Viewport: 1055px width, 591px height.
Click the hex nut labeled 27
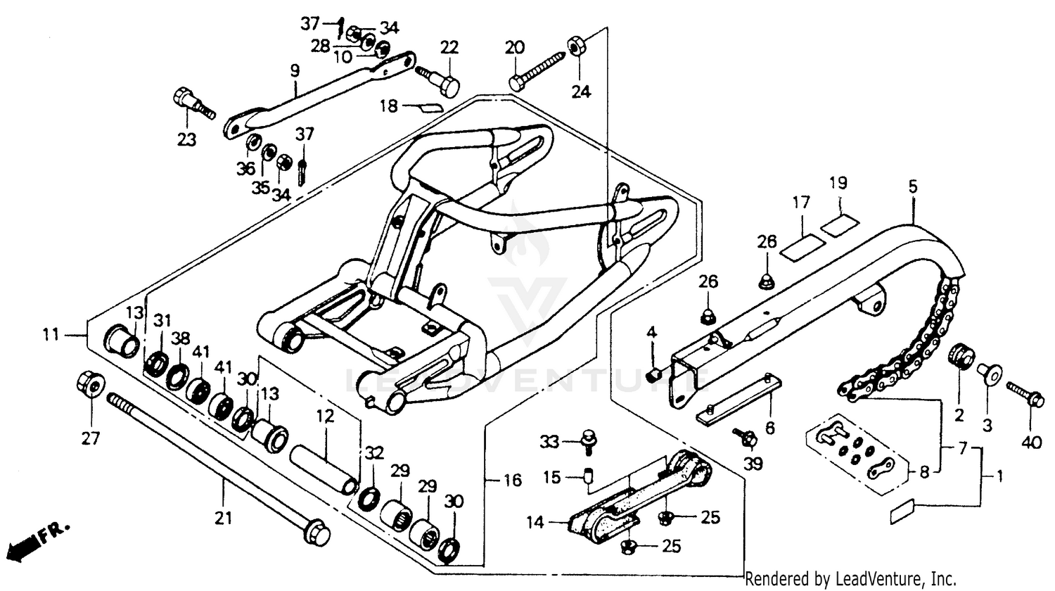pyautogui.click(x=89, y=384)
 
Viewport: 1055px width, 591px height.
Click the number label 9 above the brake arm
pyautogui.click(x=294, y=70)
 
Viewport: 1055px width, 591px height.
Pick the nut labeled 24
pyautogui.click(x=574, y=47)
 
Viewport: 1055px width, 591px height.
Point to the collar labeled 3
pyautogui.click(x=989, y=372)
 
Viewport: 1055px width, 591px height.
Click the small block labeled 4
pyautogui.click(x=653, y=371)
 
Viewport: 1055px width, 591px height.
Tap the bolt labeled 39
pyautogui.click(x=745, y=437)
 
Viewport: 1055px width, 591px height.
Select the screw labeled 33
pyautogui.click(x=585, y=440)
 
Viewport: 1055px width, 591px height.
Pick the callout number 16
pyautogui.click(x=512, y=481)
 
